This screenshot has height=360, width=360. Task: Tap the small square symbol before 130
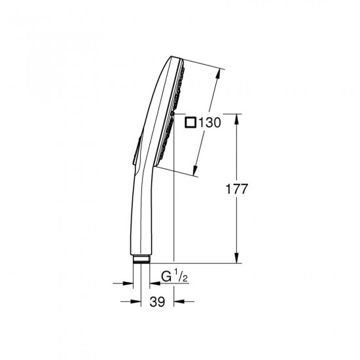point(190,122)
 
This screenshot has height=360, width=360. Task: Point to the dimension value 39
point(156,302)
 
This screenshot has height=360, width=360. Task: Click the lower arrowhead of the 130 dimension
point(197,171)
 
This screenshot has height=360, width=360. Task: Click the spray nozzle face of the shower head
point(173,111)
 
